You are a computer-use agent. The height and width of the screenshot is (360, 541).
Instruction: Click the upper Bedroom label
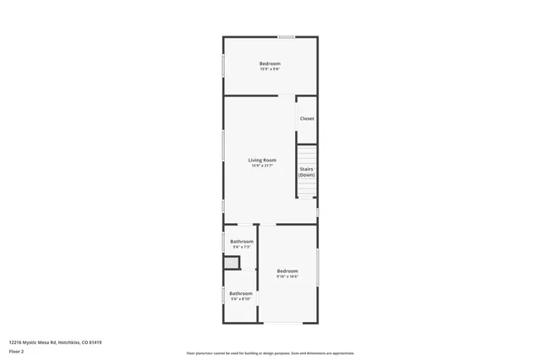(x=270, y=63)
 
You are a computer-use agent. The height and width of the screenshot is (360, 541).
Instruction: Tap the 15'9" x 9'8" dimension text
(x=270, y=68)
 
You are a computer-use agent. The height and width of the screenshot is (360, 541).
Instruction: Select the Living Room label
(x=262, y=160)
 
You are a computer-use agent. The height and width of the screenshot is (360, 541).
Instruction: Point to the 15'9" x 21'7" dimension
(x=262, y=166)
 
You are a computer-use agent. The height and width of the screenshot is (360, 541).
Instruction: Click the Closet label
(x=307, y=118)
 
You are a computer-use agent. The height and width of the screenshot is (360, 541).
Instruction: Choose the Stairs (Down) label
(x=307, y=172)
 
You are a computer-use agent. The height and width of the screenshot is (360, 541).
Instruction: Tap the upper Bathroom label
(x=242, y=241)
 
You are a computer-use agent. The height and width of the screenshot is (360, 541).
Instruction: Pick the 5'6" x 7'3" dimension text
(x=242, y=247)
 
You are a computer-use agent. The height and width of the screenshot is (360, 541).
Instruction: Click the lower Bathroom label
(x=241, y=293)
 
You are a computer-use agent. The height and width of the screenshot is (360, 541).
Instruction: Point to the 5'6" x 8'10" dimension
(x=241, y=299)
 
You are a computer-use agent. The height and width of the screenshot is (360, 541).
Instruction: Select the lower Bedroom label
(x=287, y=270)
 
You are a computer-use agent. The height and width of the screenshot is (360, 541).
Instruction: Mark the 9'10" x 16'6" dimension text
(x=287, y=276)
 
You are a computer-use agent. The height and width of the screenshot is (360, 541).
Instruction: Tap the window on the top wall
(x=287, y=36)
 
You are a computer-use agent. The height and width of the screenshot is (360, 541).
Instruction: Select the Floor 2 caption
(x=16, y=351)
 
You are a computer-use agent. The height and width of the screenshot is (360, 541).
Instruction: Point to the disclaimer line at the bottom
(x=270, y=353)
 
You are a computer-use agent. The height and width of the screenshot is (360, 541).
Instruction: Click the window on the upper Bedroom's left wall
(x=223, y=65)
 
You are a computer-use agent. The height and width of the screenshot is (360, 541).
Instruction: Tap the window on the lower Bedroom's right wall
(x=318, y=266)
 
